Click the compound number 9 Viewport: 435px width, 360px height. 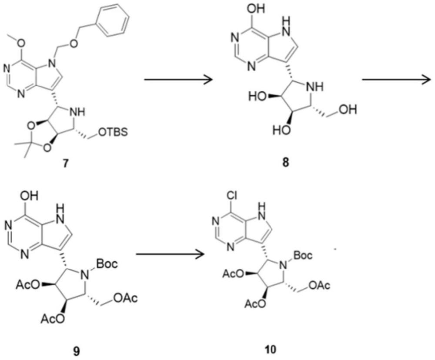[x=64, y=348]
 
